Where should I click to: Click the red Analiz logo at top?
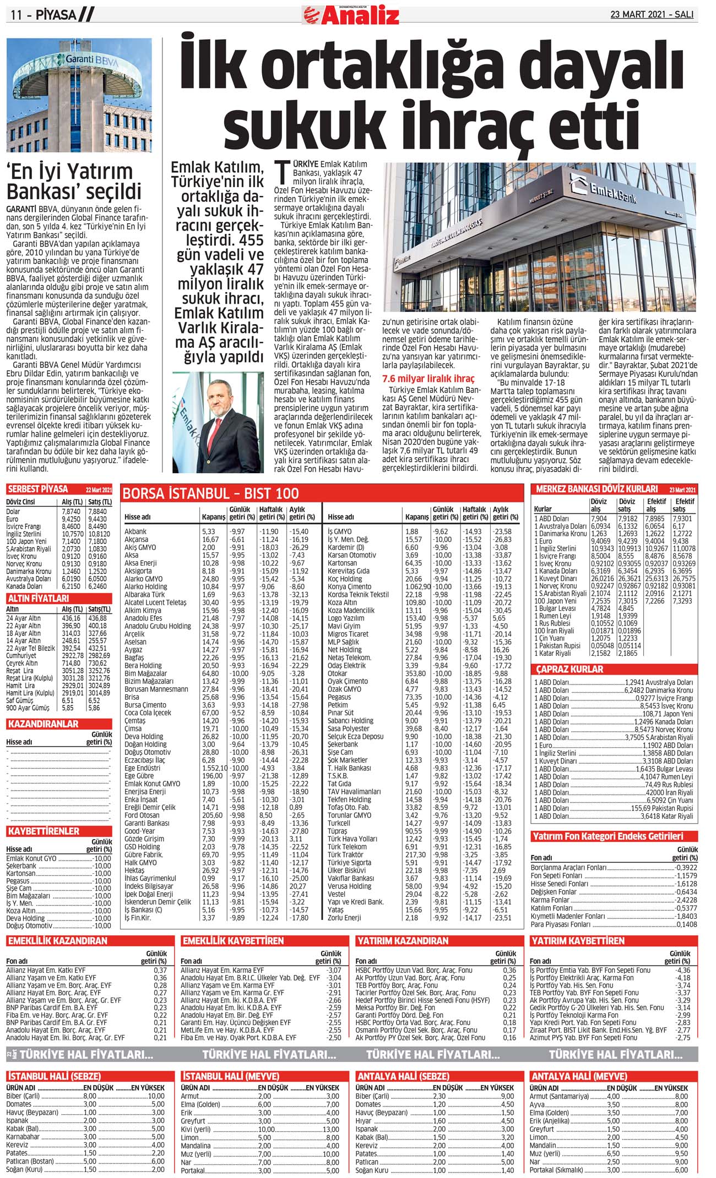coord(351,15)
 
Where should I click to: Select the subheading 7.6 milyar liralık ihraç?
coord(428,379)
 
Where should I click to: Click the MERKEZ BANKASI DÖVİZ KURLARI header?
coord(596,489)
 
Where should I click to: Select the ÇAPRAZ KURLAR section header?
coord(569,670)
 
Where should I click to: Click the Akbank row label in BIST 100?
coord(135,532)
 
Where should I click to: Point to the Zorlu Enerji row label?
coord(344,918)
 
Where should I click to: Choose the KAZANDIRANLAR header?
coord(43,724)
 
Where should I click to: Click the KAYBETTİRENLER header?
coord(44,831)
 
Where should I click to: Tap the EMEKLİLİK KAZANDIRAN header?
coord(57,941)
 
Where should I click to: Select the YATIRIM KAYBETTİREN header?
coord(577,941)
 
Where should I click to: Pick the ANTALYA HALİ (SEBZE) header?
coord(403,1076)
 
